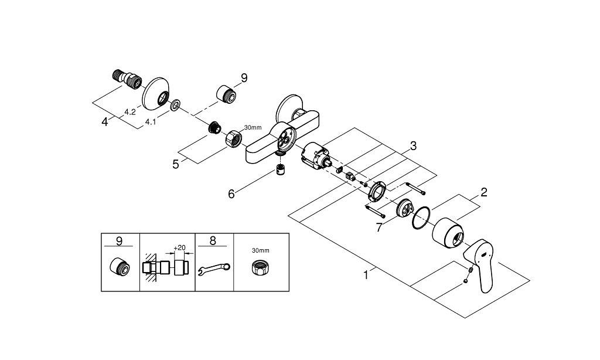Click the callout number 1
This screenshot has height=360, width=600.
[x=366, y=275]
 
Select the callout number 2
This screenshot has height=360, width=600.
[x=484, y=192]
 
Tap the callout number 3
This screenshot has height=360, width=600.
[x=413, y=146]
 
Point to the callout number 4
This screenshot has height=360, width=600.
[x=105, y=122]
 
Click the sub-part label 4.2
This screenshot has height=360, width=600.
[x=130, y=112]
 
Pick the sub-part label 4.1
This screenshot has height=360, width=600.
[x=151, y=122]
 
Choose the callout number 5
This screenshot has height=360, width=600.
[x=176, y=164]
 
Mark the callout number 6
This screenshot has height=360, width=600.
[x=231, y=194]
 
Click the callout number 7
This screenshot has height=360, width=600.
[x=379, y=227]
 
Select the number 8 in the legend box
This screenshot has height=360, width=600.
[x=213, y=240]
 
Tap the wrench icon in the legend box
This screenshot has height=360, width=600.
[x=214, y=269]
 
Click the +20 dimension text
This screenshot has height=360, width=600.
[x=179, y=248]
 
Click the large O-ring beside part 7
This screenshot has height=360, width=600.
[x=421, y=218]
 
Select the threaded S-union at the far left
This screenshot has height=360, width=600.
[x=127, y=79]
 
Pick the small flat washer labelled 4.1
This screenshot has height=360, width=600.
[x=176, y=105]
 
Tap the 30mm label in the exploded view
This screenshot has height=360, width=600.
[x=253, y=128]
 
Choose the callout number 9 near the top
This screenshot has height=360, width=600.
[x=244, y=78]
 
